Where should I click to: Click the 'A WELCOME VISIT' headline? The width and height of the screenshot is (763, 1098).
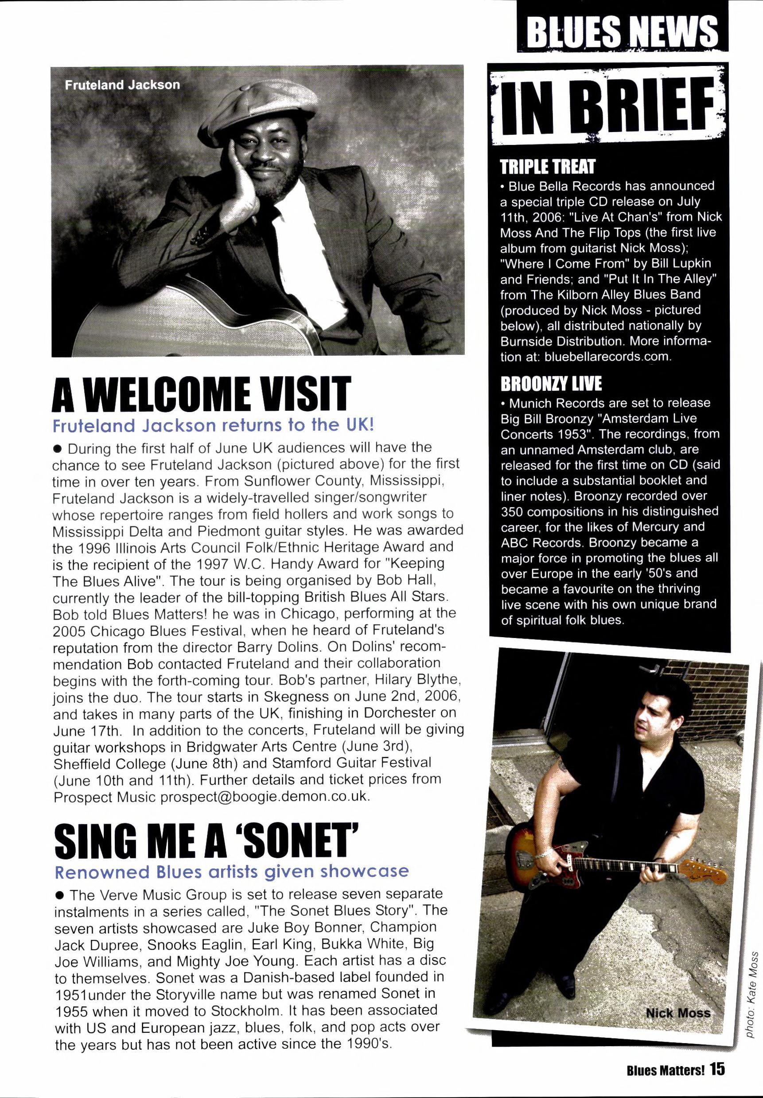(201, 394)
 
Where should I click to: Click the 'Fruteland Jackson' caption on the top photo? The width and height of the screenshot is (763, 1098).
(122, 85)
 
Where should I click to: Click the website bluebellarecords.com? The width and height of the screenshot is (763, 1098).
(607, 357)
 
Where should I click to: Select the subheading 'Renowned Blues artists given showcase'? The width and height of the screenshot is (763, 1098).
(231, 872)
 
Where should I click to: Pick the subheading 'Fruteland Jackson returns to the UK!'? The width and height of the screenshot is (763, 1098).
(212, 425)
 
